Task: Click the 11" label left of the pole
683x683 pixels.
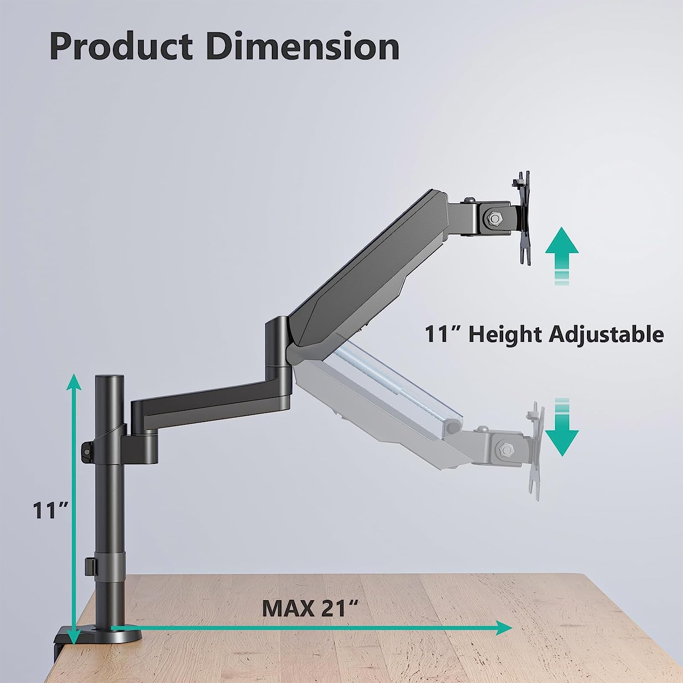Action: [x=50, y=510]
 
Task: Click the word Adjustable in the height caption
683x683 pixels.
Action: [x=606, y=334]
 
